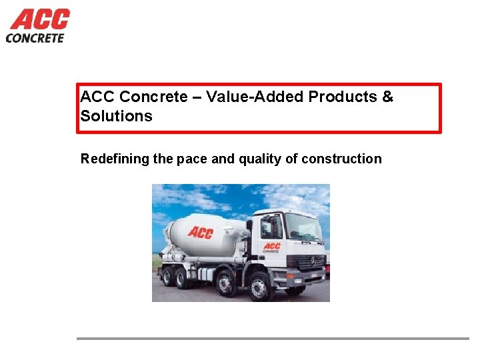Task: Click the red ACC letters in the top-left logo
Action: click(40, 19)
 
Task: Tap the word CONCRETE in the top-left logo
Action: click(35, 38)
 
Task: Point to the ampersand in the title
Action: click(388, 97)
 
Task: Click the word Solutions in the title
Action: click(116, 116)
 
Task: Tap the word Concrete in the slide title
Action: click(153, 97)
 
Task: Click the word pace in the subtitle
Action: click(195, 159)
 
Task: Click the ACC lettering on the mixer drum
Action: click(200, 232)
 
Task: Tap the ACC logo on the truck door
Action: click(271, 247)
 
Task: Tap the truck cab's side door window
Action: click(271, 228)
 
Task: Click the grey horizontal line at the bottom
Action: click(273, 339)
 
